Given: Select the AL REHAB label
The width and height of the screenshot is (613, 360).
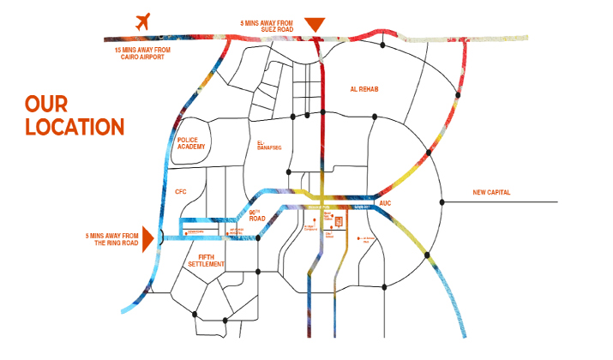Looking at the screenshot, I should tap(364, 89).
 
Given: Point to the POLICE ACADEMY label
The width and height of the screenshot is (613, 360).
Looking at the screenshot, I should tap(189, 143).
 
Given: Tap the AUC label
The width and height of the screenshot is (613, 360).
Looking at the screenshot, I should tap(385, 203).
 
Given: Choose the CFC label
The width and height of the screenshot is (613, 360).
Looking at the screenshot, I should tap(180, 192).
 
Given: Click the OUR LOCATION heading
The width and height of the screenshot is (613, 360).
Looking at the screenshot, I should tap(75, 116).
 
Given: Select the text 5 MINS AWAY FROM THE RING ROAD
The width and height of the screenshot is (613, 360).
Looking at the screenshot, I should tap(111, 239).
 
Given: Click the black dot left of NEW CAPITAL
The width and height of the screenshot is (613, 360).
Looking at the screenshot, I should tap(442, 202).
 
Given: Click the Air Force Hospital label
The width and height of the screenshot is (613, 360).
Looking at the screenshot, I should tap(235, 230).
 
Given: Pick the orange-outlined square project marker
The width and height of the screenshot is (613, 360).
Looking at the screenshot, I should tap(339, 222).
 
